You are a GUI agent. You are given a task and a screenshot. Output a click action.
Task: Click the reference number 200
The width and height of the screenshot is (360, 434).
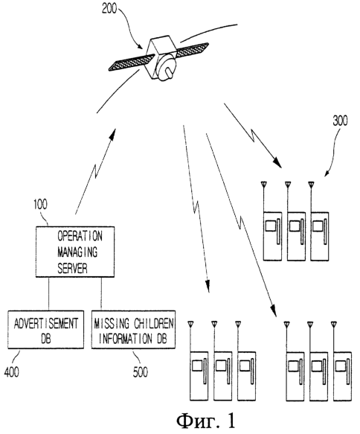point(109,8)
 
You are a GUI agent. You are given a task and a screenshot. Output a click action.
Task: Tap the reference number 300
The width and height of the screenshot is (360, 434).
point(341,121)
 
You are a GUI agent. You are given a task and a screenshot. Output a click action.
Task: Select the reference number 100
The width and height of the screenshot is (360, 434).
point(40,204)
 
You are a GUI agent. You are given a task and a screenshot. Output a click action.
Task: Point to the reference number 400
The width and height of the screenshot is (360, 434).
point(12,371)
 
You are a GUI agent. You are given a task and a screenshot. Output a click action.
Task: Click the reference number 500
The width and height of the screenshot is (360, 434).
point(141,371)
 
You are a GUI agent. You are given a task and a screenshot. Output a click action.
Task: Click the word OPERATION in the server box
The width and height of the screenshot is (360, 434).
point(80,236)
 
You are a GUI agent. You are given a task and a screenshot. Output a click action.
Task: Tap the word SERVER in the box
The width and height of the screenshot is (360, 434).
point(72,268)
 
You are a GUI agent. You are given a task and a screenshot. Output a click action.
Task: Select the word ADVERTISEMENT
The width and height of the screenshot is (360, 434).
point(46,324)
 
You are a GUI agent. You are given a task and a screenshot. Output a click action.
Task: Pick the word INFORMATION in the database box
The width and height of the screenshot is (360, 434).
point(125,338)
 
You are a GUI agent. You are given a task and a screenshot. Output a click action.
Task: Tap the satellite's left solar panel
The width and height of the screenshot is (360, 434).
point(132,63)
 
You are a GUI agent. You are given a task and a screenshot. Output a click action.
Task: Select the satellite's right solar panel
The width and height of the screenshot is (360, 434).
point(192,50)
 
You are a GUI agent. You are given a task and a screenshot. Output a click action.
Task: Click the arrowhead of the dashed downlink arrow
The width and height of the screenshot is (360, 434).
point(208,287)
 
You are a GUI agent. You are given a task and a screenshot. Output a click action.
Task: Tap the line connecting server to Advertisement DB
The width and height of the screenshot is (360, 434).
point(49,294)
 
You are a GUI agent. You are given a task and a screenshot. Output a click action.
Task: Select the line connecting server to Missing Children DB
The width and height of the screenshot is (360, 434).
point(101,294)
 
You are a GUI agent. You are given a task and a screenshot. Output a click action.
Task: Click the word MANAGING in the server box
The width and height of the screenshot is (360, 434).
point(77,252)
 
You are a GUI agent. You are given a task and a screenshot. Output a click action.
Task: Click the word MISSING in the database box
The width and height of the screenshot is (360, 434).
point(112,324)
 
